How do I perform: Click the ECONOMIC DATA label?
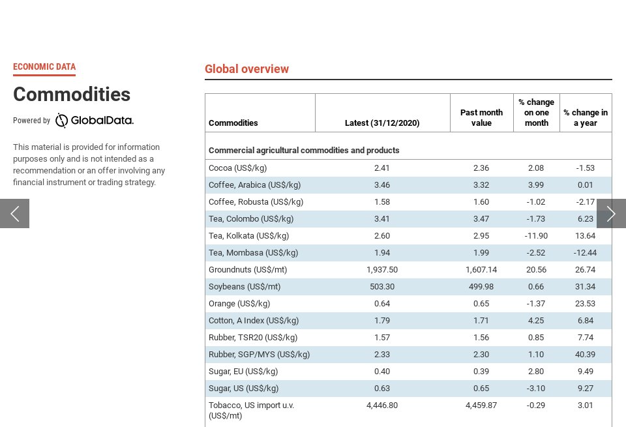click(x=44, y=66)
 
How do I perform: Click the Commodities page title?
click(x=72, y=95)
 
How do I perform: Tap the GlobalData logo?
click(x=95, y=121)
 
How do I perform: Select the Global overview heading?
click(x=246, y=69)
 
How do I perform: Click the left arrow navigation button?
click(x=14, y=213)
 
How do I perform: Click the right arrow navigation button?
click(x=611, y=213)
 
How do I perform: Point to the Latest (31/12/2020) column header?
click(x=382, y=123)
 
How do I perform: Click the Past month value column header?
click(x=481, y=117)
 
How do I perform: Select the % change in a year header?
click(x=586, y=117)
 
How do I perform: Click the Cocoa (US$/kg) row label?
click(x=237, y=168)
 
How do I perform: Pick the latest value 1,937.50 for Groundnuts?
click(x=382, y=270)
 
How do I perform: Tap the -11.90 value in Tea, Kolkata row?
click(x=536, y=236)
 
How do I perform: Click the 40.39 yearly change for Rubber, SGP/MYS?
click(x=586, y=355)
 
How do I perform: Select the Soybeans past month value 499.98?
click(x=481, y=287)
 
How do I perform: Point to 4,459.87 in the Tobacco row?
click(x=481, y=405)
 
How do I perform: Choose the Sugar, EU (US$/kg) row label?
click(x=243, y=372)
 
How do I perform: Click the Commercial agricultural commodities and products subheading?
click(x=304, y=151)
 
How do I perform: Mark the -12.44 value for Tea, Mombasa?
click(x=586, y=253)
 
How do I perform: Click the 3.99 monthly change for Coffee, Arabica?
click(x=536, y=185)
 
